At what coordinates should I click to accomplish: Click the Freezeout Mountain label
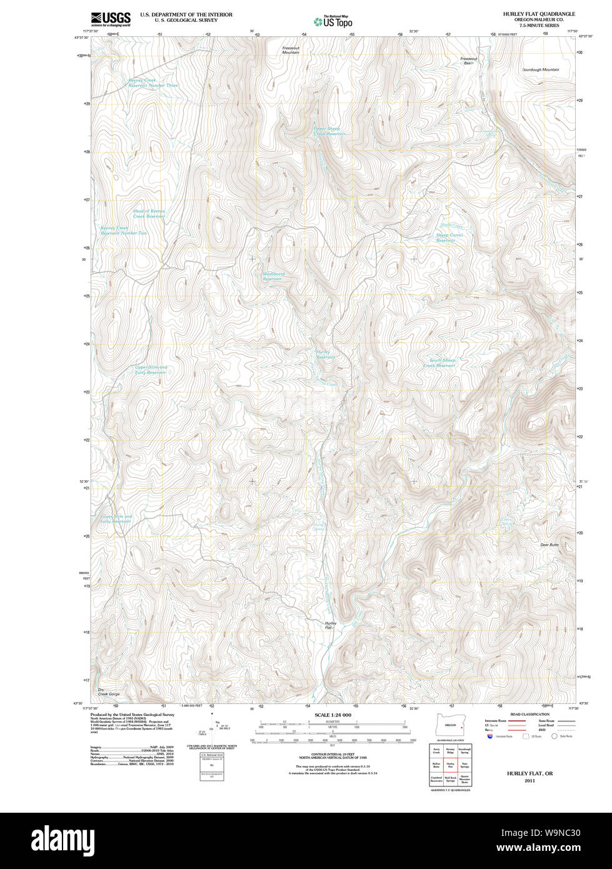pos(291,50)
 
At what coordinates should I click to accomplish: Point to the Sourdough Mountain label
pos(541,70)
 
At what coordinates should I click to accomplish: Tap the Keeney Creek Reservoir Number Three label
pos(153,83)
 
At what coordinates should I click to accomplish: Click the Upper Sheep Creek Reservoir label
pos(329,131)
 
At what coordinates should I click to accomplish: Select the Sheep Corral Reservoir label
pos(449,238)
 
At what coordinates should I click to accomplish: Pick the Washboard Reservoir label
pos(273,276)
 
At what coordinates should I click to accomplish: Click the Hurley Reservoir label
pos(325,354)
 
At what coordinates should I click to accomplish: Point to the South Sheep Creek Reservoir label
pos(442,363)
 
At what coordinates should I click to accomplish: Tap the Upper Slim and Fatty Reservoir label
pos(151,369)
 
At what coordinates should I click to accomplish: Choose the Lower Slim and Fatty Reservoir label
pos(116,519)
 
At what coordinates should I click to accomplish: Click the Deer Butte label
pos(549,545)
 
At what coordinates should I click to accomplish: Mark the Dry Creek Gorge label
pos(108,691)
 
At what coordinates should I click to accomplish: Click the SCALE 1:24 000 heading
pos(333,715)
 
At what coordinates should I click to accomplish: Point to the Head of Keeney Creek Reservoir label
pos(149,214)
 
